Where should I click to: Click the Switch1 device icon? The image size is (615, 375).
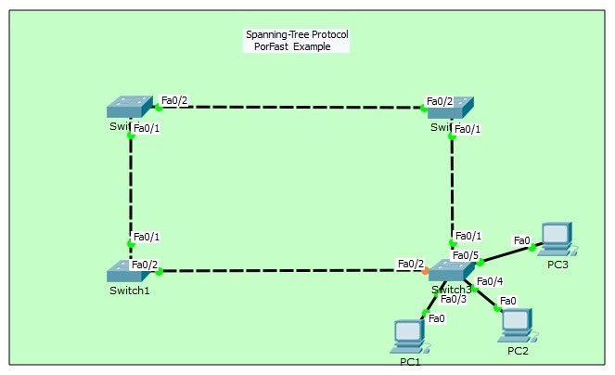coord(126,270)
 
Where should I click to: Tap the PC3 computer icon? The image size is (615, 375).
coord(557,239)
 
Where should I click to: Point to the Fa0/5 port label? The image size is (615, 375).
coord(465,255)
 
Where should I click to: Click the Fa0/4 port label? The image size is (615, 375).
coord(489,281)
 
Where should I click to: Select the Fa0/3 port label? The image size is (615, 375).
coord(454,299)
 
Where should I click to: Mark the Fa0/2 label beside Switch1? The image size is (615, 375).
coord(145,264)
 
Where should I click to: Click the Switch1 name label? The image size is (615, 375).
coord(128,290)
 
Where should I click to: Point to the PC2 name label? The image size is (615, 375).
coord(518,350)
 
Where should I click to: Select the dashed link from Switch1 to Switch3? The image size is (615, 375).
coord(288,271)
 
